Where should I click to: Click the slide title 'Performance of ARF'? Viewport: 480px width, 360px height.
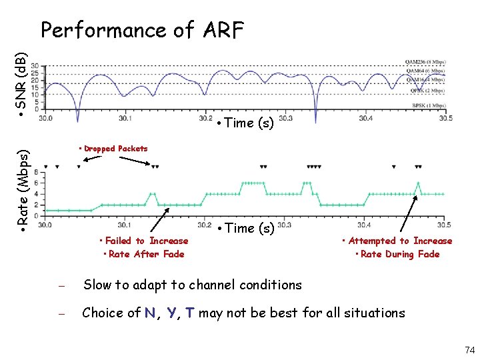coord(142,30)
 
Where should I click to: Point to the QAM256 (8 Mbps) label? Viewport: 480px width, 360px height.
coord(425,63)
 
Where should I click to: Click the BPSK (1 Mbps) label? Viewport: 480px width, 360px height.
coord(427,106)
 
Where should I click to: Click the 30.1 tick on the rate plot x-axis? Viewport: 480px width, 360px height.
coord(124,225)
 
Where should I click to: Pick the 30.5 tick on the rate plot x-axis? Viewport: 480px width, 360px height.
coord(443,225)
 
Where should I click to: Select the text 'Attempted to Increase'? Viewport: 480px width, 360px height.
coord(399,241)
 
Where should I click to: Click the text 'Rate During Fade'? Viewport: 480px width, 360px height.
coord(399,254)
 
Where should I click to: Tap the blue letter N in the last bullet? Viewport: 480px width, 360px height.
coord(151,313)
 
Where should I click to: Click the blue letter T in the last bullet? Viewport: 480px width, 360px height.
coord(190,313)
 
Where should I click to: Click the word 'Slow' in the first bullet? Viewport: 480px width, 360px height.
coord(97,285)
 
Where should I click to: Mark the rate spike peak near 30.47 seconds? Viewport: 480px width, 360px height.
coord(418,183)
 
